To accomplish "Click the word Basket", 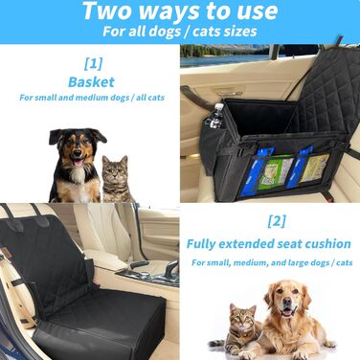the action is pos(91,82).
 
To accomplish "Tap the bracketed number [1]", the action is pos(93,64).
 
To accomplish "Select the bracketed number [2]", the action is pos(277,221).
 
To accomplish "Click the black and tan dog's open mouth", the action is pos(78,163).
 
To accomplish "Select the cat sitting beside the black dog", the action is pos(116,179).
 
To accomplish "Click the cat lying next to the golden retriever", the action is pos(238,328).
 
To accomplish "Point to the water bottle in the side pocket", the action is pos(215,116).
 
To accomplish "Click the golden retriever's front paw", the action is pos(299,355).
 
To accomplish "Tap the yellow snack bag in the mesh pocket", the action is pos(314,168).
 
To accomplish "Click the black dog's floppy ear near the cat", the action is pos(99,134).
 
